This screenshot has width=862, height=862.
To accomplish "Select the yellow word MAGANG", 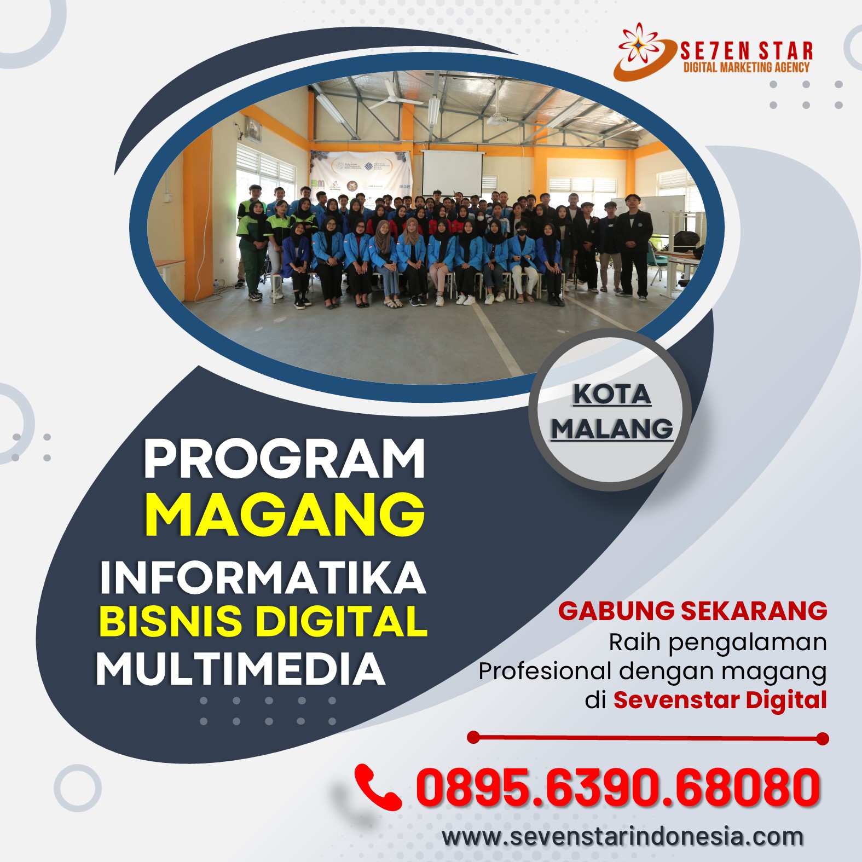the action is [x=285, y=514].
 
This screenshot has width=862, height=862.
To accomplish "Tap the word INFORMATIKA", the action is [x=263, y=577].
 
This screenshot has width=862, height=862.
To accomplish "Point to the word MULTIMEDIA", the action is [x=241, y=669].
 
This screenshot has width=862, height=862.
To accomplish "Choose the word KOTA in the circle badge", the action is [x=612, y=394].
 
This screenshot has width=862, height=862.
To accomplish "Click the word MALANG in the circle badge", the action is [x=612, y=428].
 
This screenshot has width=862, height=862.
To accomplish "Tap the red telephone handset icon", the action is [x=378, y=786].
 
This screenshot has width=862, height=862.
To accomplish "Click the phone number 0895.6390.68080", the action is [x=618, y=787].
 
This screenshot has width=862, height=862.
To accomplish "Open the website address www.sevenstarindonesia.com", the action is [x=623, y=836].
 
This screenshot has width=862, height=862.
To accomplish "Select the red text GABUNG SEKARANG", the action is [x=692, y=611].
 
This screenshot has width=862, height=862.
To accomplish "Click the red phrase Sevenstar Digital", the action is [x=720, y=699].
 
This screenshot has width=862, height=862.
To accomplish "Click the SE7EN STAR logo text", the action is [x=747, y=51].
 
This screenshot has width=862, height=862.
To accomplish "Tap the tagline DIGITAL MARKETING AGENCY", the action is [x=747, y=67].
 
